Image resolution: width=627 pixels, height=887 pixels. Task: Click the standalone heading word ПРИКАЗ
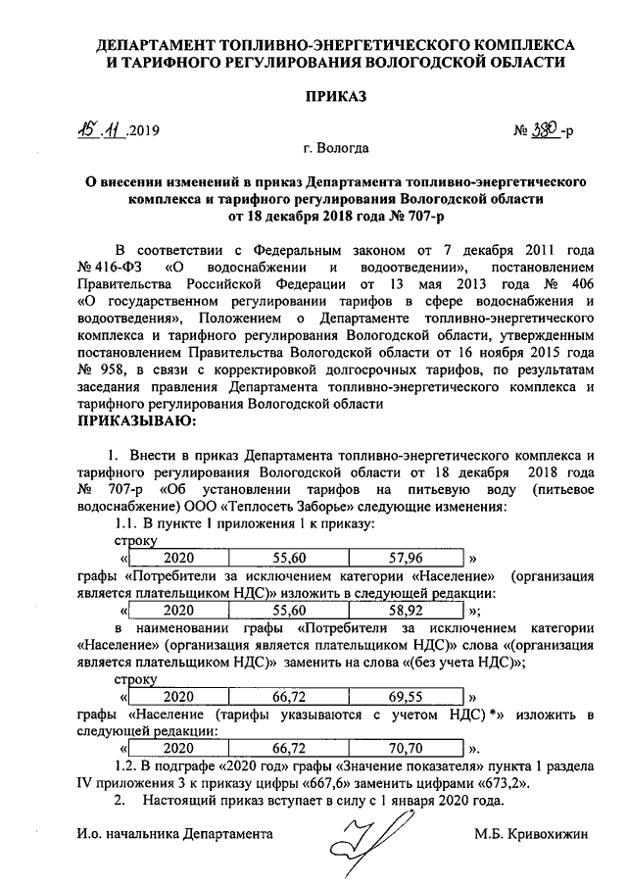tap(335, 98)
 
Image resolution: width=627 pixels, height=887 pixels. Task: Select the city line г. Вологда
tap(336, 149)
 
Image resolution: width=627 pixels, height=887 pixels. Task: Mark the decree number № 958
tap(97, 371)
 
